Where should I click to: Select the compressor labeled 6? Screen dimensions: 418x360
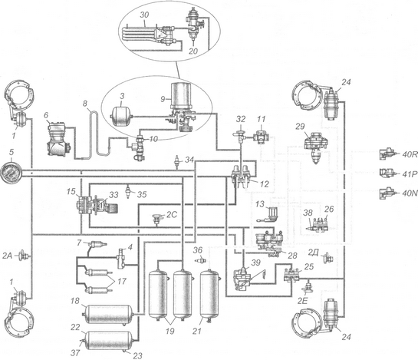pos(58,138)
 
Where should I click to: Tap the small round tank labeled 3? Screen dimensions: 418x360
pos(121,117)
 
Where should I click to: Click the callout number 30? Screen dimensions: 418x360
pos(144,15)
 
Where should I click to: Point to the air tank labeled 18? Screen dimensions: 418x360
pos(108,314)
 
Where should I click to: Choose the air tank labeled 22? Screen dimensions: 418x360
pos(109,340)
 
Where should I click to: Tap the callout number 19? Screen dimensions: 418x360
pos(170,331)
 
